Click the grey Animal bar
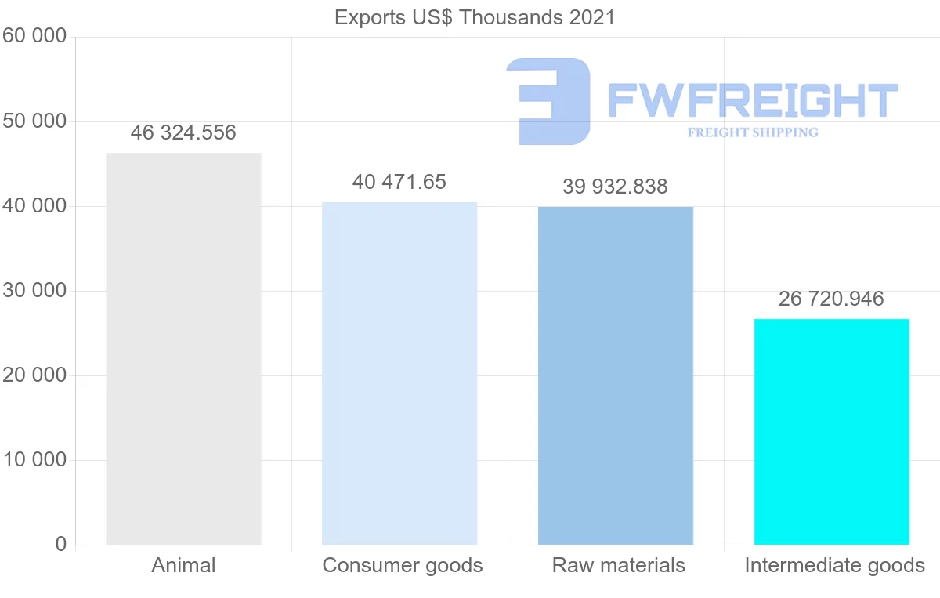(183, 349)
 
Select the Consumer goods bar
(399, 373)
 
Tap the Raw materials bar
(616, 375)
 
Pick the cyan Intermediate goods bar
(831, 431)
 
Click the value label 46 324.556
(183, 132)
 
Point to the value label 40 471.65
(399, 182)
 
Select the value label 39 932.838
(616, 187)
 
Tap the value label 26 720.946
(831, 299)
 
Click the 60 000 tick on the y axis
(34, 36)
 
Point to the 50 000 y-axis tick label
(34, 121)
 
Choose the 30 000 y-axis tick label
(34, 291)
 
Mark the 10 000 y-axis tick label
(34, 460)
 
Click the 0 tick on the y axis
(60, 545)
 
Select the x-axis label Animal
(183, 565)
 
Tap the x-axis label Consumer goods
(403, 565)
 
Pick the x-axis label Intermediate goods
(835, 565)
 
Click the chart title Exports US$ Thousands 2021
(475, 16)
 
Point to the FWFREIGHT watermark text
(752, 101)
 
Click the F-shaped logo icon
(548, 101)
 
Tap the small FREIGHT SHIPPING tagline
(753, 132)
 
